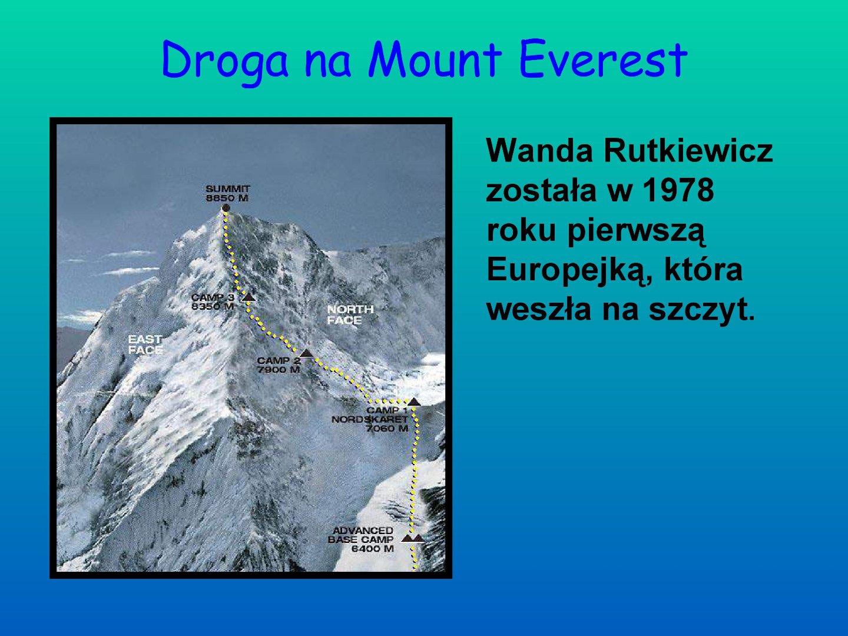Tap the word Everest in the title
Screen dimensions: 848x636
point(602,59)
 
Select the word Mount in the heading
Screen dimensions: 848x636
point(435,59)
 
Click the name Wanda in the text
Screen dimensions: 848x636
point(539,150)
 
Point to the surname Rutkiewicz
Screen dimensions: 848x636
point(688,150)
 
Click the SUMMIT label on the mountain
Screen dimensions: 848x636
point(228,189)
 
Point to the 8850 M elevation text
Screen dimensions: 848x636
point(227,198)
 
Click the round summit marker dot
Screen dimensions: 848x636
point(226,208)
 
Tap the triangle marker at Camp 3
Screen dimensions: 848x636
point(248,297)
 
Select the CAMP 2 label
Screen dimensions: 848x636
point(279,360)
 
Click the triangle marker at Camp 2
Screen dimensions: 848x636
point(306,353)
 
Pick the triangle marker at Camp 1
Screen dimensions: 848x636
point(414,402)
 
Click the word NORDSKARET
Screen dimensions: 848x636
point(370,419)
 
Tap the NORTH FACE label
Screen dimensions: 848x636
point(350,314)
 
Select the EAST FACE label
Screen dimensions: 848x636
point(145,345)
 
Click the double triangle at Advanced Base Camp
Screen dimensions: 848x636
point(413,538)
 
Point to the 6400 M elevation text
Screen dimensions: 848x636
point(372,549)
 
